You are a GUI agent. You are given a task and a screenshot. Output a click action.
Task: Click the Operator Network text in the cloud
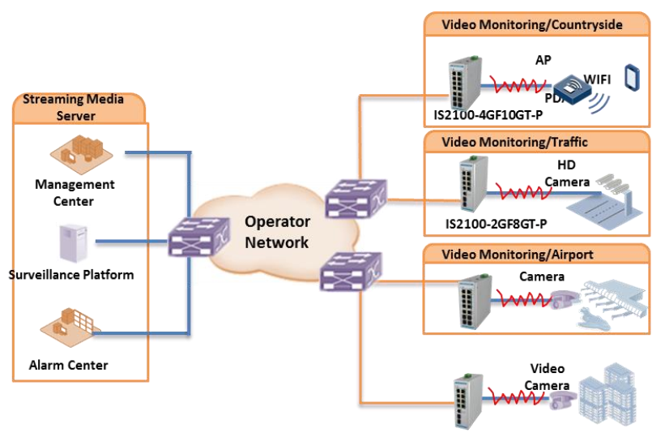277,232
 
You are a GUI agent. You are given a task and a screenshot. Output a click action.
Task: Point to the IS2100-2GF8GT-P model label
496,223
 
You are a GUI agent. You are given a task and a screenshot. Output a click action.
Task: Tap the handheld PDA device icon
633,78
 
